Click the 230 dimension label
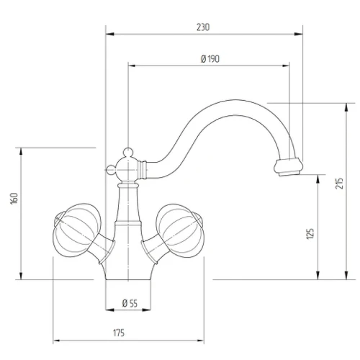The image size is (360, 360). pos(203,27)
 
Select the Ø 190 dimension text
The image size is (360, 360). pos(210,59)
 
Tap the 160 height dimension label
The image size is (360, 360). pos(14,199)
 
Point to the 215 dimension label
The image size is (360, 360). pos(339,184)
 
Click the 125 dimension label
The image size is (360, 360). pos(310,233)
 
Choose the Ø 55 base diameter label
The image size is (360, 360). pos(130,303)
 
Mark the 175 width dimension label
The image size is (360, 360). pos(119,333)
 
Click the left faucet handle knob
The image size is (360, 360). pos(76,230)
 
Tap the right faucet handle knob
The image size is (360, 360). pos(181,230)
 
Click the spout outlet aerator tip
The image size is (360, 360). pos(289,167)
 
